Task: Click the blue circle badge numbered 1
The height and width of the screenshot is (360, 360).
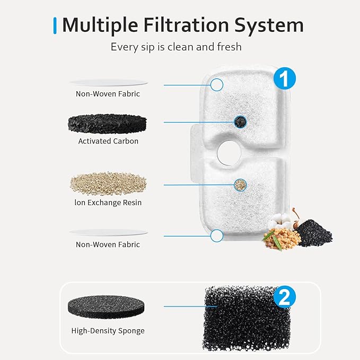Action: point(284,80)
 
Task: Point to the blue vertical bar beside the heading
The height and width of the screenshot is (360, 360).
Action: point(55,25)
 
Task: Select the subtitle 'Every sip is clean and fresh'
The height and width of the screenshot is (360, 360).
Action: point(176,47)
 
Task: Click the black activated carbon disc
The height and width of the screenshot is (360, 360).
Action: point(108,124)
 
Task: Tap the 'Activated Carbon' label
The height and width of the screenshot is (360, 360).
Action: point(108,141)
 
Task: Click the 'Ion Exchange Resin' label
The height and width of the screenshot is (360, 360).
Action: point(108,203)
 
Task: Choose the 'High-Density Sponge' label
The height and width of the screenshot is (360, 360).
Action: point(108,331)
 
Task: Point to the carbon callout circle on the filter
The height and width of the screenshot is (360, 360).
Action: point(240,122)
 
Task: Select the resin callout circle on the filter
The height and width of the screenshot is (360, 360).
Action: point(240,185)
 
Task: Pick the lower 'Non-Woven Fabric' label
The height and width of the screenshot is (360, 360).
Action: point(108,244)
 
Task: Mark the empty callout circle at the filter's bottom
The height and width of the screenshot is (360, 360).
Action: point(217,236)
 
